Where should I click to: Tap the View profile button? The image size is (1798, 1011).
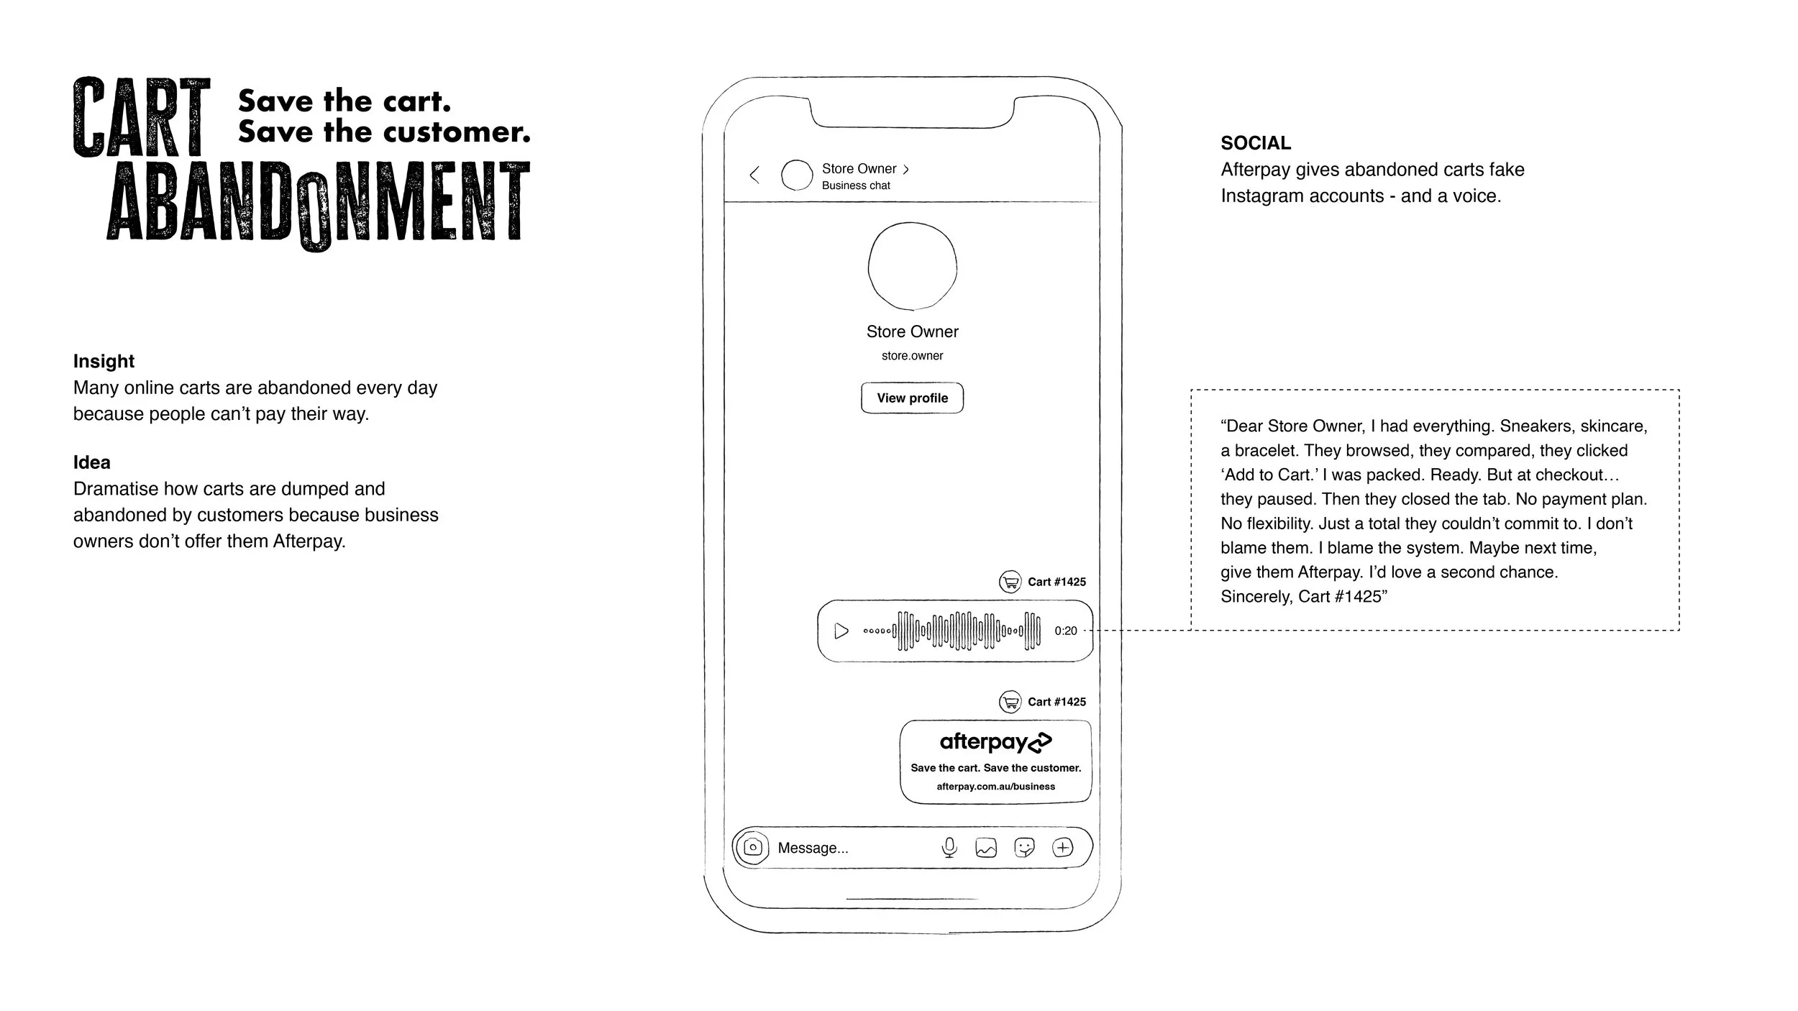click(912, 398)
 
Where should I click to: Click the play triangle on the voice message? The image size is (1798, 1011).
click(841, 631)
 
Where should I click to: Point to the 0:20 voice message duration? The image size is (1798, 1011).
click(1065, 631)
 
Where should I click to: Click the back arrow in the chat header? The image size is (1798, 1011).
click(754, 175)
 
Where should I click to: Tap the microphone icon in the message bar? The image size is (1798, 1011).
click(949, 848)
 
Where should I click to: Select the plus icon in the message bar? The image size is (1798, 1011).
click(1062, 848)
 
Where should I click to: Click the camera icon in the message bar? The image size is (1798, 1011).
click(752, 848)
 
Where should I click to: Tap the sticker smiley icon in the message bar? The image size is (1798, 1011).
click(1024, 848)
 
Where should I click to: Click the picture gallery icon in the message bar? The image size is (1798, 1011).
click(986, 848)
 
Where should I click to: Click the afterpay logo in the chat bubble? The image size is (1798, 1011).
click(995, 742)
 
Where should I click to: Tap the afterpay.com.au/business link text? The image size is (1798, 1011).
click(995, 787)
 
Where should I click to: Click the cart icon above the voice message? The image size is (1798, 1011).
click(1010, 582)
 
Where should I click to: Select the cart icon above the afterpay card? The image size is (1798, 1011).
click(1010, 702)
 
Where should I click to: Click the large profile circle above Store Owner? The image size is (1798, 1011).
click(912, 267)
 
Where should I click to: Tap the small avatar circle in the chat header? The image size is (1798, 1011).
click(797, 175)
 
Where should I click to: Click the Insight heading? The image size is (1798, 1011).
click(104, 361)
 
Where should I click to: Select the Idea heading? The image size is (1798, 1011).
click(91, 462)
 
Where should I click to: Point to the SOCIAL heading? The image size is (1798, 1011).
click(1256, 143)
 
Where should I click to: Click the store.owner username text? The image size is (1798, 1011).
click(912, 356)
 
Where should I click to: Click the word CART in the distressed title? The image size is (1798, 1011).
click(142, 117)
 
